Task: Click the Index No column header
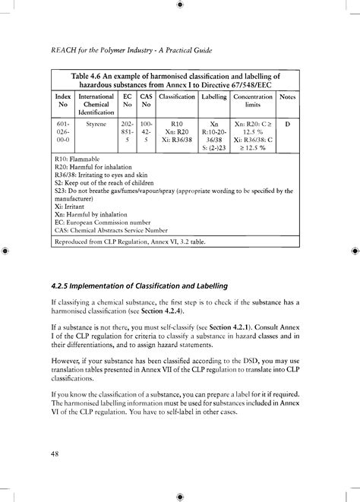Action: (63, 103)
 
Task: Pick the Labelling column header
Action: (213, 98)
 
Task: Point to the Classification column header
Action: (177, 98)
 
